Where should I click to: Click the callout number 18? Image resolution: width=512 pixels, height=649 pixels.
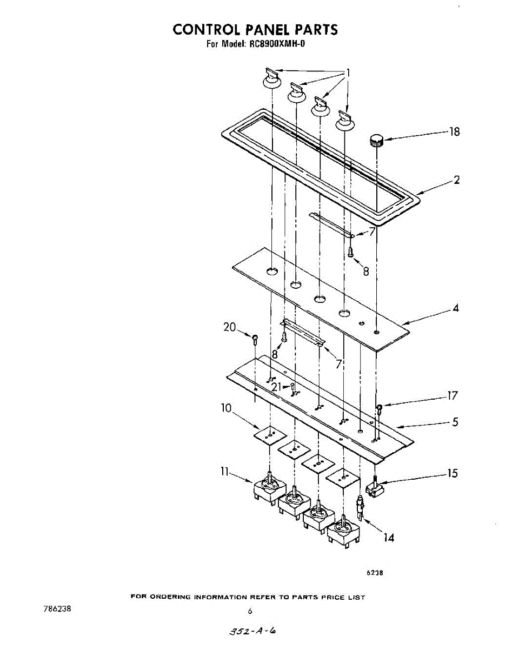pos(455,131)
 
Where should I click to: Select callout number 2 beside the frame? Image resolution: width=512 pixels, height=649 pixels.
pos(457,180)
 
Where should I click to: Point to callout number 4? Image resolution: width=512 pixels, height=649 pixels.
pos(456,308)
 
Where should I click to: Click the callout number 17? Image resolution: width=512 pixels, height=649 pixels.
pos(452,396)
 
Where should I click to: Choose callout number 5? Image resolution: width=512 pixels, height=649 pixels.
pos(455,422)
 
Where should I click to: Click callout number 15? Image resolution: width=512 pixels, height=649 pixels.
pos(452,474)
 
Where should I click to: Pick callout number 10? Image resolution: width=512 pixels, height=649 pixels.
pos(226,408)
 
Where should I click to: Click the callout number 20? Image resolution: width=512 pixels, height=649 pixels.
pos(230,327)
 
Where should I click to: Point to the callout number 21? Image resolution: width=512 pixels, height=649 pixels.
pos(277,387)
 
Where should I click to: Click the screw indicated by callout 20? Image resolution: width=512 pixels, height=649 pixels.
pos(255,339)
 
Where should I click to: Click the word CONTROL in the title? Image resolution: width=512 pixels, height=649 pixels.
pos(205,29)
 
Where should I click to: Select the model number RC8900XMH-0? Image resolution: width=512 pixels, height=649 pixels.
pos(277,44)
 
